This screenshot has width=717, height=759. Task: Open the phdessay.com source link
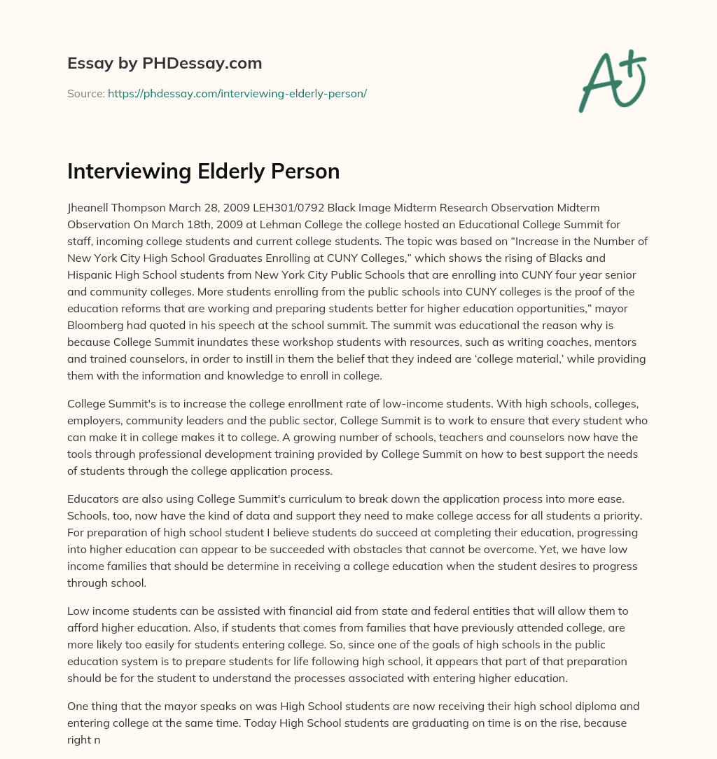pyautogui.click(x=237, y=93)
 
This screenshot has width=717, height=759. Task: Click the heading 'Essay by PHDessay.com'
pyautogui.click(x=165, y=63)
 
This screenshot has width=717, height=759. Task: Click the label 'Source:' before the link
pyautogui.click(x=85, y=93)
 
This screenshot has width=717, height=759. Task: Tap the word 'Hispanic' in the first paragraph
pyautogui.click(x=89, y=274)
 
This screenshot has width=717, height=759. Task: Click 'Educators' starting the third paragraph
pyautogui.click(x=92, y=499)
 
